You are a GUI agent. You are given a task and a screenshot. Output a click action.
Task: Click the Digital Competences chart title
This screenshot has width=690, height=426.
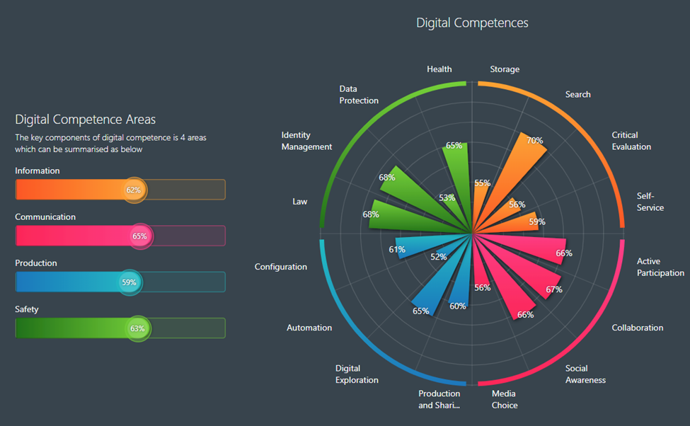tap(472, 23)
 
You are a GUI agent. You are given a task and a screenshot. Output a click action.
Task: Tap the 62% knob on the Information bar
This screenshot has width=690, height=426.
tap(133, 190)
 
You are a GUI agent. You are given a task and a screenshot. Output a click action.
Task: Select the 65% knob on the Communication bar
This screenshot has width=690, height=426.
tap(139, 236)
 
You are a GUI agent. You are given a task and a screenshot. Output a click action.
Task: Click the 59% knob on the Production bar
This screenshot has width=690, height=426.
tap(129, 282)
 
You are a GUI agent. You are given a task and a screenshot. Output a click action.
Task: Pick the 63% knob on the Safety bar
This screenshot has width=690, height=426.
tap(137, 328)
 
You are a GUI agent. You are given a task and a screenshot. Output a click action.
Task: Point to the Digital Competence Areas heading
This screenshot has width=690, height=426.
tap(85, 120)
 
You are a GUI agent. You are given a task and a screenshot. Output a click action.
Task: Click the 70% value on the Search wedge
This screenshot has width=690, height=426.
tap(534, 140)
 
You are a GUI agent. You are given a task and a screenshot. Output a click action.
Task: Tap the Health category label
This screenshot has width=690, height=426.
tap(439, 69)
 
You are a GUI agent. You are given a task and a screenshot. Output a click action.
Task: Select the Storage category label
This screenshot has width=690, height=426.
tap(505, 69)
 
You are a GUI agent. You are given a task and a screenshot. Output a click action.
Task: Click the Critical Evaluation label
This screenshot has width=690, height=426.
tap(631, 141)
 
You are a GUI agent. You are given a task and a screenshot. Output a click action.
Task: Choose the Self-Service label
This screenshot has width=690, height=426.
tap(650, 202)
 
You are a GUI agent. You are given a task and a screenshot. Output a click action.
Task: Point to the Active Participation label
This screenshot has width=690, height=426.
tap(660, 267)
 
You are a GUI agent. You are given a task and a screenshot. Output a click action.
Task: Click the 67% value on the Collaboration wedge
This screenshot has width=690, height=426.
tap(553, 289)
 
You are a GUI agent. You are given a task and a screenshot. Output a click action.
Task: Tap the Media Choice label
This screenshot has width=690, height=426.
tap(504, 399)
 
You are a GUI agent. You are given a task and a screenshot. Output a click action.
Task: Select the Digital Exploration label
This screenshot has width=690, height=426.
tap(357, 374)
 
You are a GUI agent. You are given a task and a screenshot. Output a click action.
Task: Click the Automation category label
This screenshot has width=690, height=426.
tap(309, 328)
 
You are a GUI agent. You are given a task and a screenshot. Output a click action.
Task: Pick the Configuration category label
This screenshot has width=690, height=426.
tap(281, 267)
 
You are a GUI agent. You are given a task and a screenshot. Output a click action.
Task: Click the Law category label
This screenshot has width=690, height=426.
tap(300, 202)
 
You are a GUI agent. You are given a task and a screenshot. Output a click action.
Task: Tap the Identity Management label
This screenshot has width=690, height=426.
tap(306, 141)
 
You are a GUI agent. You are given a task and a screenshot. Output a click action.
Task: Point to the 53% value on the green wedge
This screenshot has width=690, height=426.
tap(447, 198)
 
